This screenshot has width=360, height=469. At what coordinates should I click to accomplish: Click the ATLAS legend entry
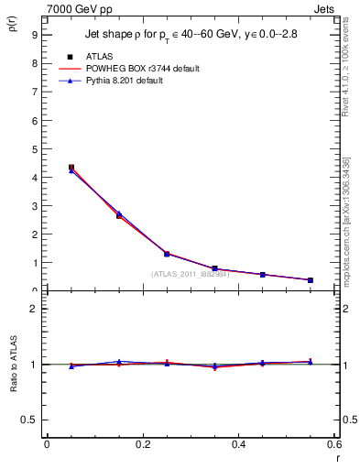(99, 57)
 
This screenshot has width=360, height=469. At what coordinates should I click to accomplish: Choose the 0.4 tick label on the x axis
(238, 445)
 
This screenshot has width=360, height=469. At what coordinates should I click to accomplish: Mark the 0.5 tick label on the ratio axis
(29, 420)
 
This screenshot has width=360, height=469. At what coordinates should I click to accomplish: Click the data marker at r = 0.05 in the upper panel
(71, 168)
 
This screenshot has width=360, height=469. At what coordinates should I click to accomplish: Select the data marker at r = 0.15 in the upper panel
(119, 215)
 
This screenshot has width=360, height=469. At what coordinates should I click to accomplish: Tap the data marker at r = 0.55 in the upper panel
(311, 280)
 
